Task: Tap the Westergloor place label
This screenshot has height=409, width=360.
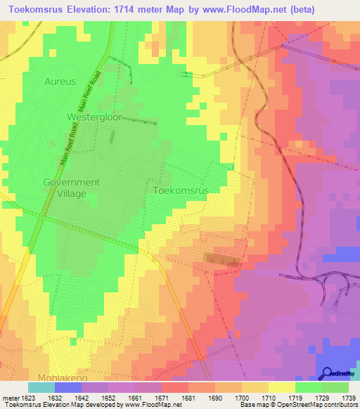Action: [94, 117]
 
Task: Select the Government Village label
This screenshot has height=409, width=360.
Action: [72, 188]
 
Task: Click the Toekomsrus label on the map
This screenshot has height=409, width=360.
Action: [181, 190]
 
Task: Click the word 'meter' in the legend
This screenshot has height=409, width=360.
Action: [10, 398]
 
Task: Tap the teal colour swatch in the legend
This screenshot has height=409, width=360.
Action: [41, 387]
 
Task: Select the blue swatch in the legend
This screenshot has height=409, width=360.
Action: [68, 387]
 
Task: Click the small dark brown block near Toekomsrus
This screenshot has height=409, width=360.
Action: [223, 259]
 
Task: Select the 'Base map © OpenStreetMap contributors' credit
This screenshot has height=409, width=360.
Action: [297, 405]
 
